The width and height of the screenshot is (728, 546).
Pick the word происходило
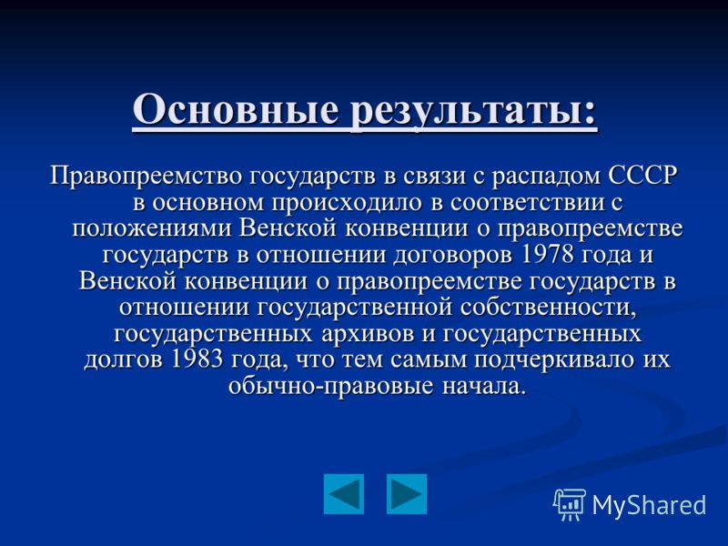347,203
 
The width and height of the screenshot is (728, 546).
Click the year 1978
548,255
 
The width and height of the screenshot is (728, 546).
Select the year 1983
197,359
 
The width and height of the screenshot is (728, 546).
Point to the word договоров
452,257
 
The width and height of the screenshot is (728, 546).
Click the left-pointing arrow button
344,494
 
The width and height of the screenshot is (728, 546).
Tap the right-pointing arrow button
407,494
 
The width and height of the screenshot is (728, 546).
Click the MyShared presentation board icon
570,504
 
